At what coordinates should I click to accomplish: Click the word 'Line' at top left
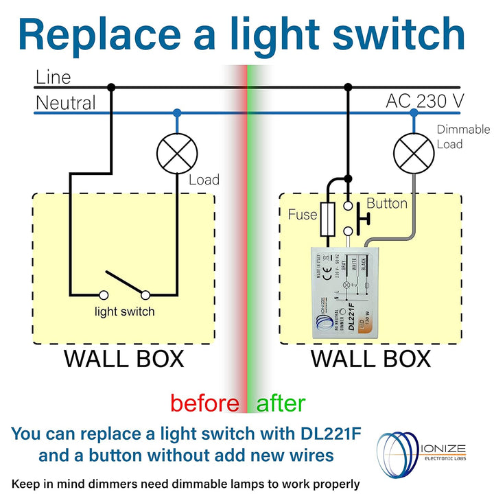[x=53, y=77]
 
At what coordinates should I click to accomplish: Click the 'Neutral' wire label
[x=66, y=104]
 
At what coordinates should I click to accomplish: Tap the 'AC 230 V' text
[x=425, y=101]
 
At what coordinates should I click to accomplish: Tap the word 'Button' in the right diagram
[x=387, y=204]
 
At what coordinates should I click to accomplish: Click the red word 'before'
[x=204, y=403]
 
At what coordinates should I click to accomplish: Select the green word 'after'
[x=281, y=403]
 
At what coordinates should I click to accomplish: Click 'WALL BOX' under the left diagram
[x=124, y=359]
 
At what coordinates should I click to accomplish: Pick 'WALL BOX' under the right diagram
[x=370, y=359]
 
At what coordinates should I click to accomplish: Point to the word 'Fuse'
[x=303, y=215]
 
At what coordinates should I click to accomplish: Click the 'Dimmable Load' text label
[x=463, y=137]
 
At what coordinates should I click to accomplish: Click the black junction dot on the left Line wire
[x=111, y=87]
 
